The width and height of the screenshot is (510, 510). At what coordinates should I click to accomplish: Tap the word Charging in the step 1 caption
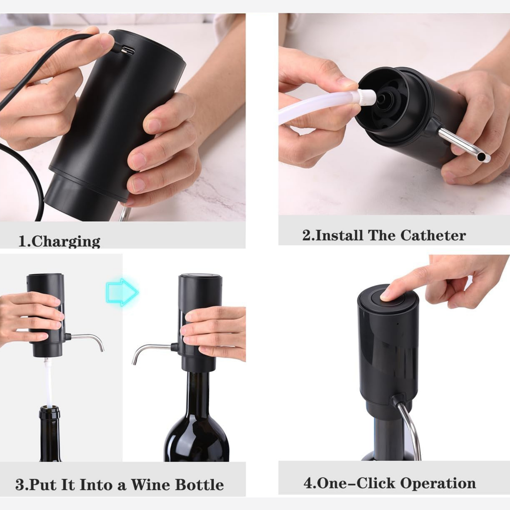[66, 241]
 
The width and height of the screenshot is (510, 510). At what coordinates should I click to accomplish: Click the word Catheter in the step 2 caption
[433, 235]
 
